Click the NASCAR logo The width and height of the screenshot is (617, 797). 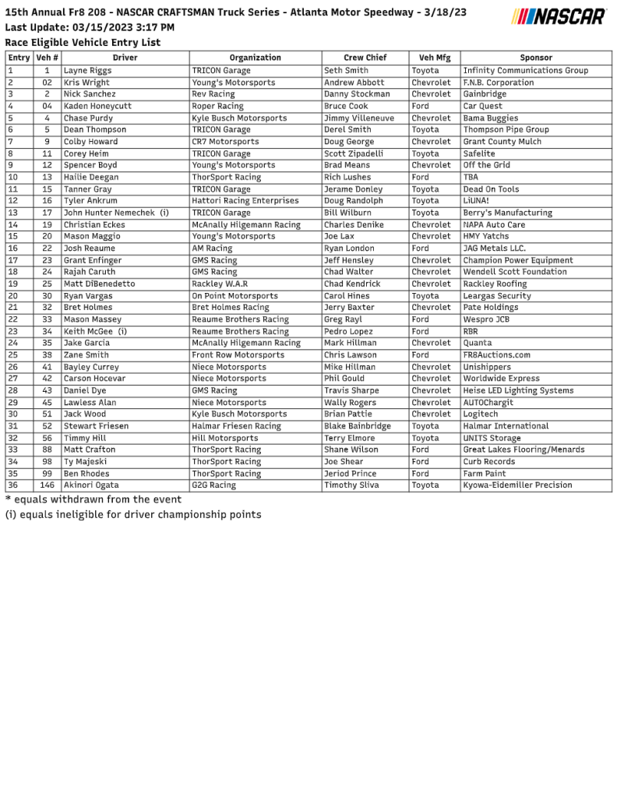559,17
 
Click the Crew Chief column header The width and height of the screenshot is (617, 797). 365,58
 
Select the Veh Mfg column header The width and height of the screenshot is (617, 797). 434,58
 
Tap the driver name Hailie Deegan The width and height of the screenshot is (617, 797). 91,177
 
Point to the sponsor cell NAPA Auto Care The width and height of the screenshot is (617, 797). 494,224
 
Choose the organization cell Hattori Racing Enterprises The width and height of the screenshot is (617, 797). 245,201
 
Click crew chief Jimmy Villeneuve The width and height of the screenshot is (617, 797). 359,118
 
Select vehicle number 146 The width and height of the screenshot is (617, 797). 48,485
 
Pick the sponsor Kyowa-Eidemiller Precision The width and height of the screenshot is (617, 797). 517,485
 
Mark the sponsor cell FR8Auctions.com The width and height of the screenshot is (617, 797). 496,355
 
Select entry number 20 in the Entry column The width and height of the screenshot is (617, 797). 12,296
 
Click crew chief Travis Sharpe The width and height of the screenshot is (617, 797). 351,390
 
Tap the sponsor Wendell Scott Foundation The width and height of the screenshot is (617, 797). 515,272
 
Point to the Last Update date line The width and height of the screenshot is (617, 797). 90,27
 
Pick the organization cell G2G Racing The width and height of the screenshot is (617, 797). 213,485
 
